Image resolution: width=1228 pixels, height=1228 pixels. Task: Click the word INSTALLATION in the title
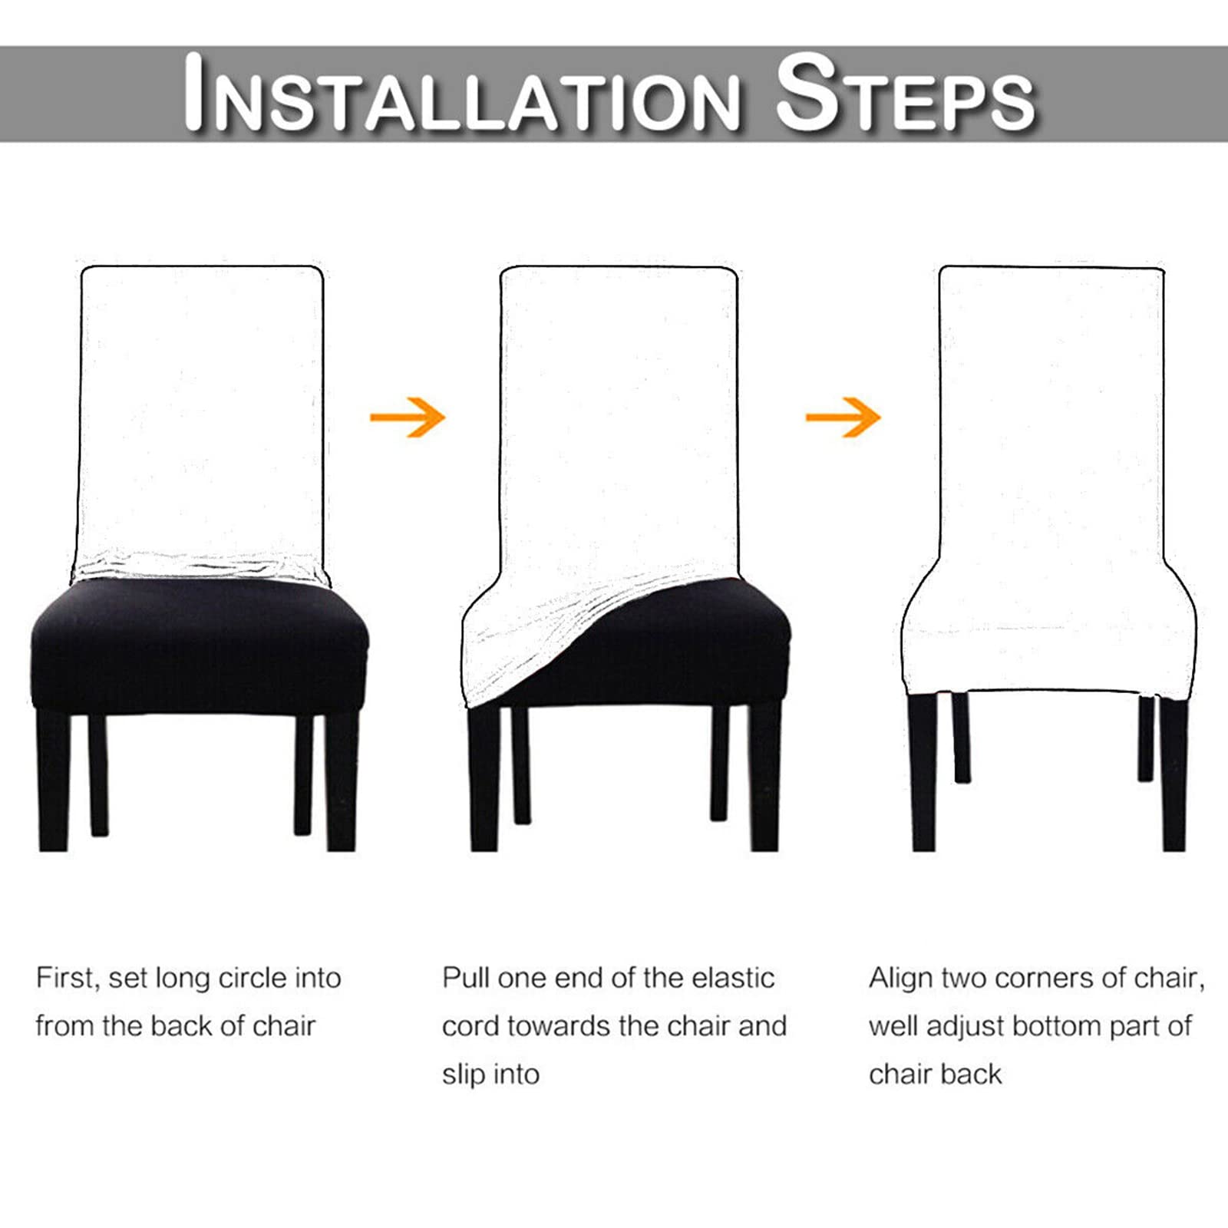point(463,93)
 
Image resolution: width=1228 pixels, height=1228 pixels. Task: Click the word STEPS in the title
point(906,93)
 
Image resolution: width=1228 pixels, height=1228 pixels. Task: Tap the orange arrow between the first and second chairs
point(408,418)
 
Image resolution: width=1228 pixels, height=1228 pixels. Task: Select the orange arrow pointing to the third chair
point(843,418)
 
